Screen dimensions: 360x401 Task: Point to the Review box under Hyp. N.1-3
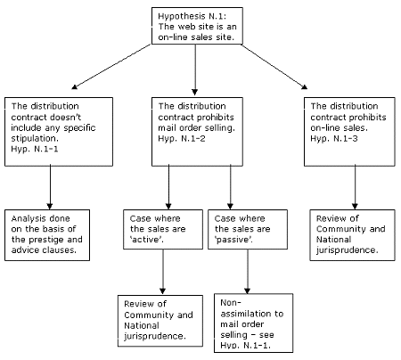(355, 233)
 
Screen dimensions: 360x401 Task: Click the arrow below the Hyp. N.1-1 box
(50, 185)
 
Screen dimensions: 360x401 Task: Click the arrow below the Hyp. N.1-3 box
(354, 185)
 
